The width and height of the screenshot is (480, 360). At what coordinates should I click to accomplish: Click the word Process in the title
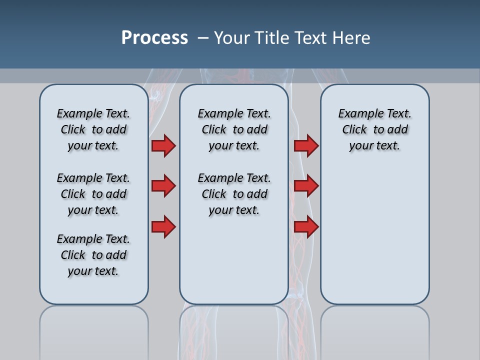(154, 38)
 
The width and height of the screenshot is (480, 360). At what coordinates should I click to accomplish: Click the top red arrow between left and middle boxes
(163, 146)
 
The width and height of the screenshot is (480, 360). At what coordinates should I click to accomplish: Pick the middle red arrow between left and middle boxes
(163, 186)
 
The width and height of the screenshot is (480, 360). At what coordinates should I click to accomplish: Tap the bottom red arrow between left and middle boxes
(163, 226)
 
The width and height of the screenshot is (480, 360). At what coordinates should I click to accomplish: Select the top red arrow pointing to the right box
(306, 146)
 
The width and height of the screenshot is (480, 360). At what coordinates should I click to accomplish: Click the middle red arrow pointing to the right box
(306, 186)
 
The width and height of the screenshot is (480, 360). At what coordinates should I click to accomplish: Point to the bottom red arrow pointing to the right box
(306, 226)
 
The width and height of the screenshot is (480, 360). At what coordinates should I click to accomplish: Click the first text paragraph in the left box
(93, 129)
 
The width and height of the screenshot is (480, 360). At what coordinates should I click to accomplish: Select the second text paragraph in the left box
(93, 194)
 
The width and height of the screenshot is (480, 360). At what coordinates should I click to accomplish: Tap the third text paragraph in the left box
(93, 255)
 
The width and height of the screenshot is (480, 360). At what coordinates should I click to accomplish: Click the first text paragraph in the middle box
(234, 129)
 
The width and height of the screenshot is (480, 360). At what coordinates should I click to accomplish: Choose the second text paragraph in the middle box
(234, 194)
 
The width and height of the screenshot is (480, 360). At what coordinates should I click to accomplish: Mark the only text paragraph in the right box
(375, 129)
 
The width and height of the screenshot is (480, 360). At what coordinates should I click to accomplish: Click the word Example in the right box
(356, 114)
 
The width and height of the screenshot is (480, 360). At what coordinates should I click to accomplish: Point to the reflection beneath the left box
(94, 332)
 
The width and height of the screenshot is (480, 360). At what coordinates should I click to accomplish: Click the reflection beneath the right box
(375, 332)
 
